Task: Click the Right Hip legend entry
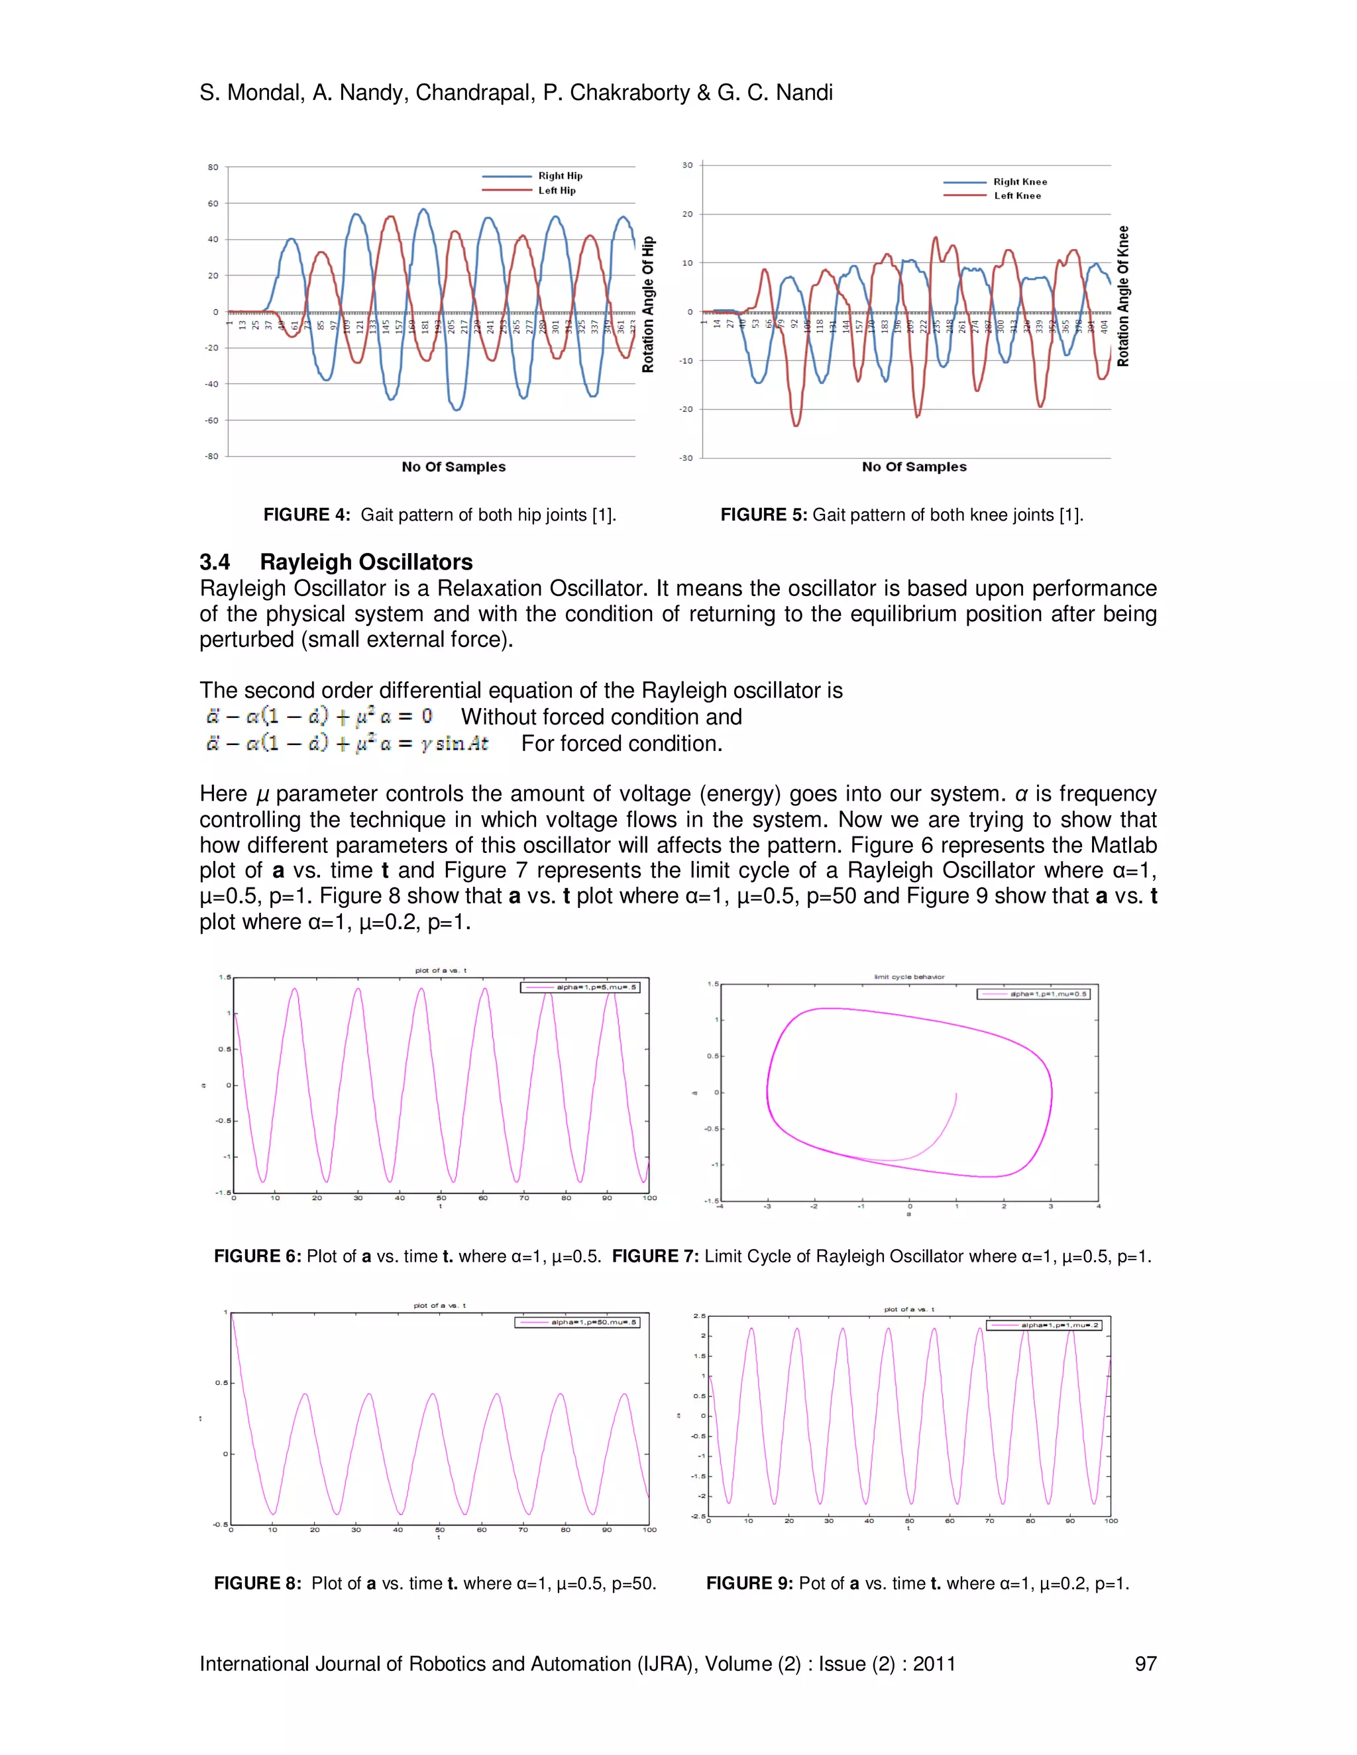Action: click(559, 176)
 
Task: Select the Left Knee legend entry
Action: click(1017, 196)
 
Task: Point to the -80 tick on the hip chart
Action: click(212, 456)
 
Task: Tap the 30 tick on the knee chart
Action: click(687, 166)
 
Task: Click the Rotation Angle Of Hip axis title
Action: click(648, 305)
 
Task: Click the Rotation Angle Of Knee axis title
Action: click(1123, 297)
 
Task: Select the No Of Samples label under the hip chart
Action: click(453, 467)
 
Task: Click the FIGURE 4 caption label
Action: click(306, 515)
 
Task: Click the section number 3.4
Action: click(215, 562)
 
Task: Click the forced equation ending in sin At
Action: click(347, 743)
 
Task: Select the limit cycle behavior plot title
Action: click(909, 977)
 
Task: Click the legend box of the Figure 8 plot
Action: click(577, 1322)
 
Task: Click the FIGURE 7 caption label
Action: click(655, 1256)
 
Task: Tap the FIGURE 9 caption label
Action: click(749, 1583)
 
